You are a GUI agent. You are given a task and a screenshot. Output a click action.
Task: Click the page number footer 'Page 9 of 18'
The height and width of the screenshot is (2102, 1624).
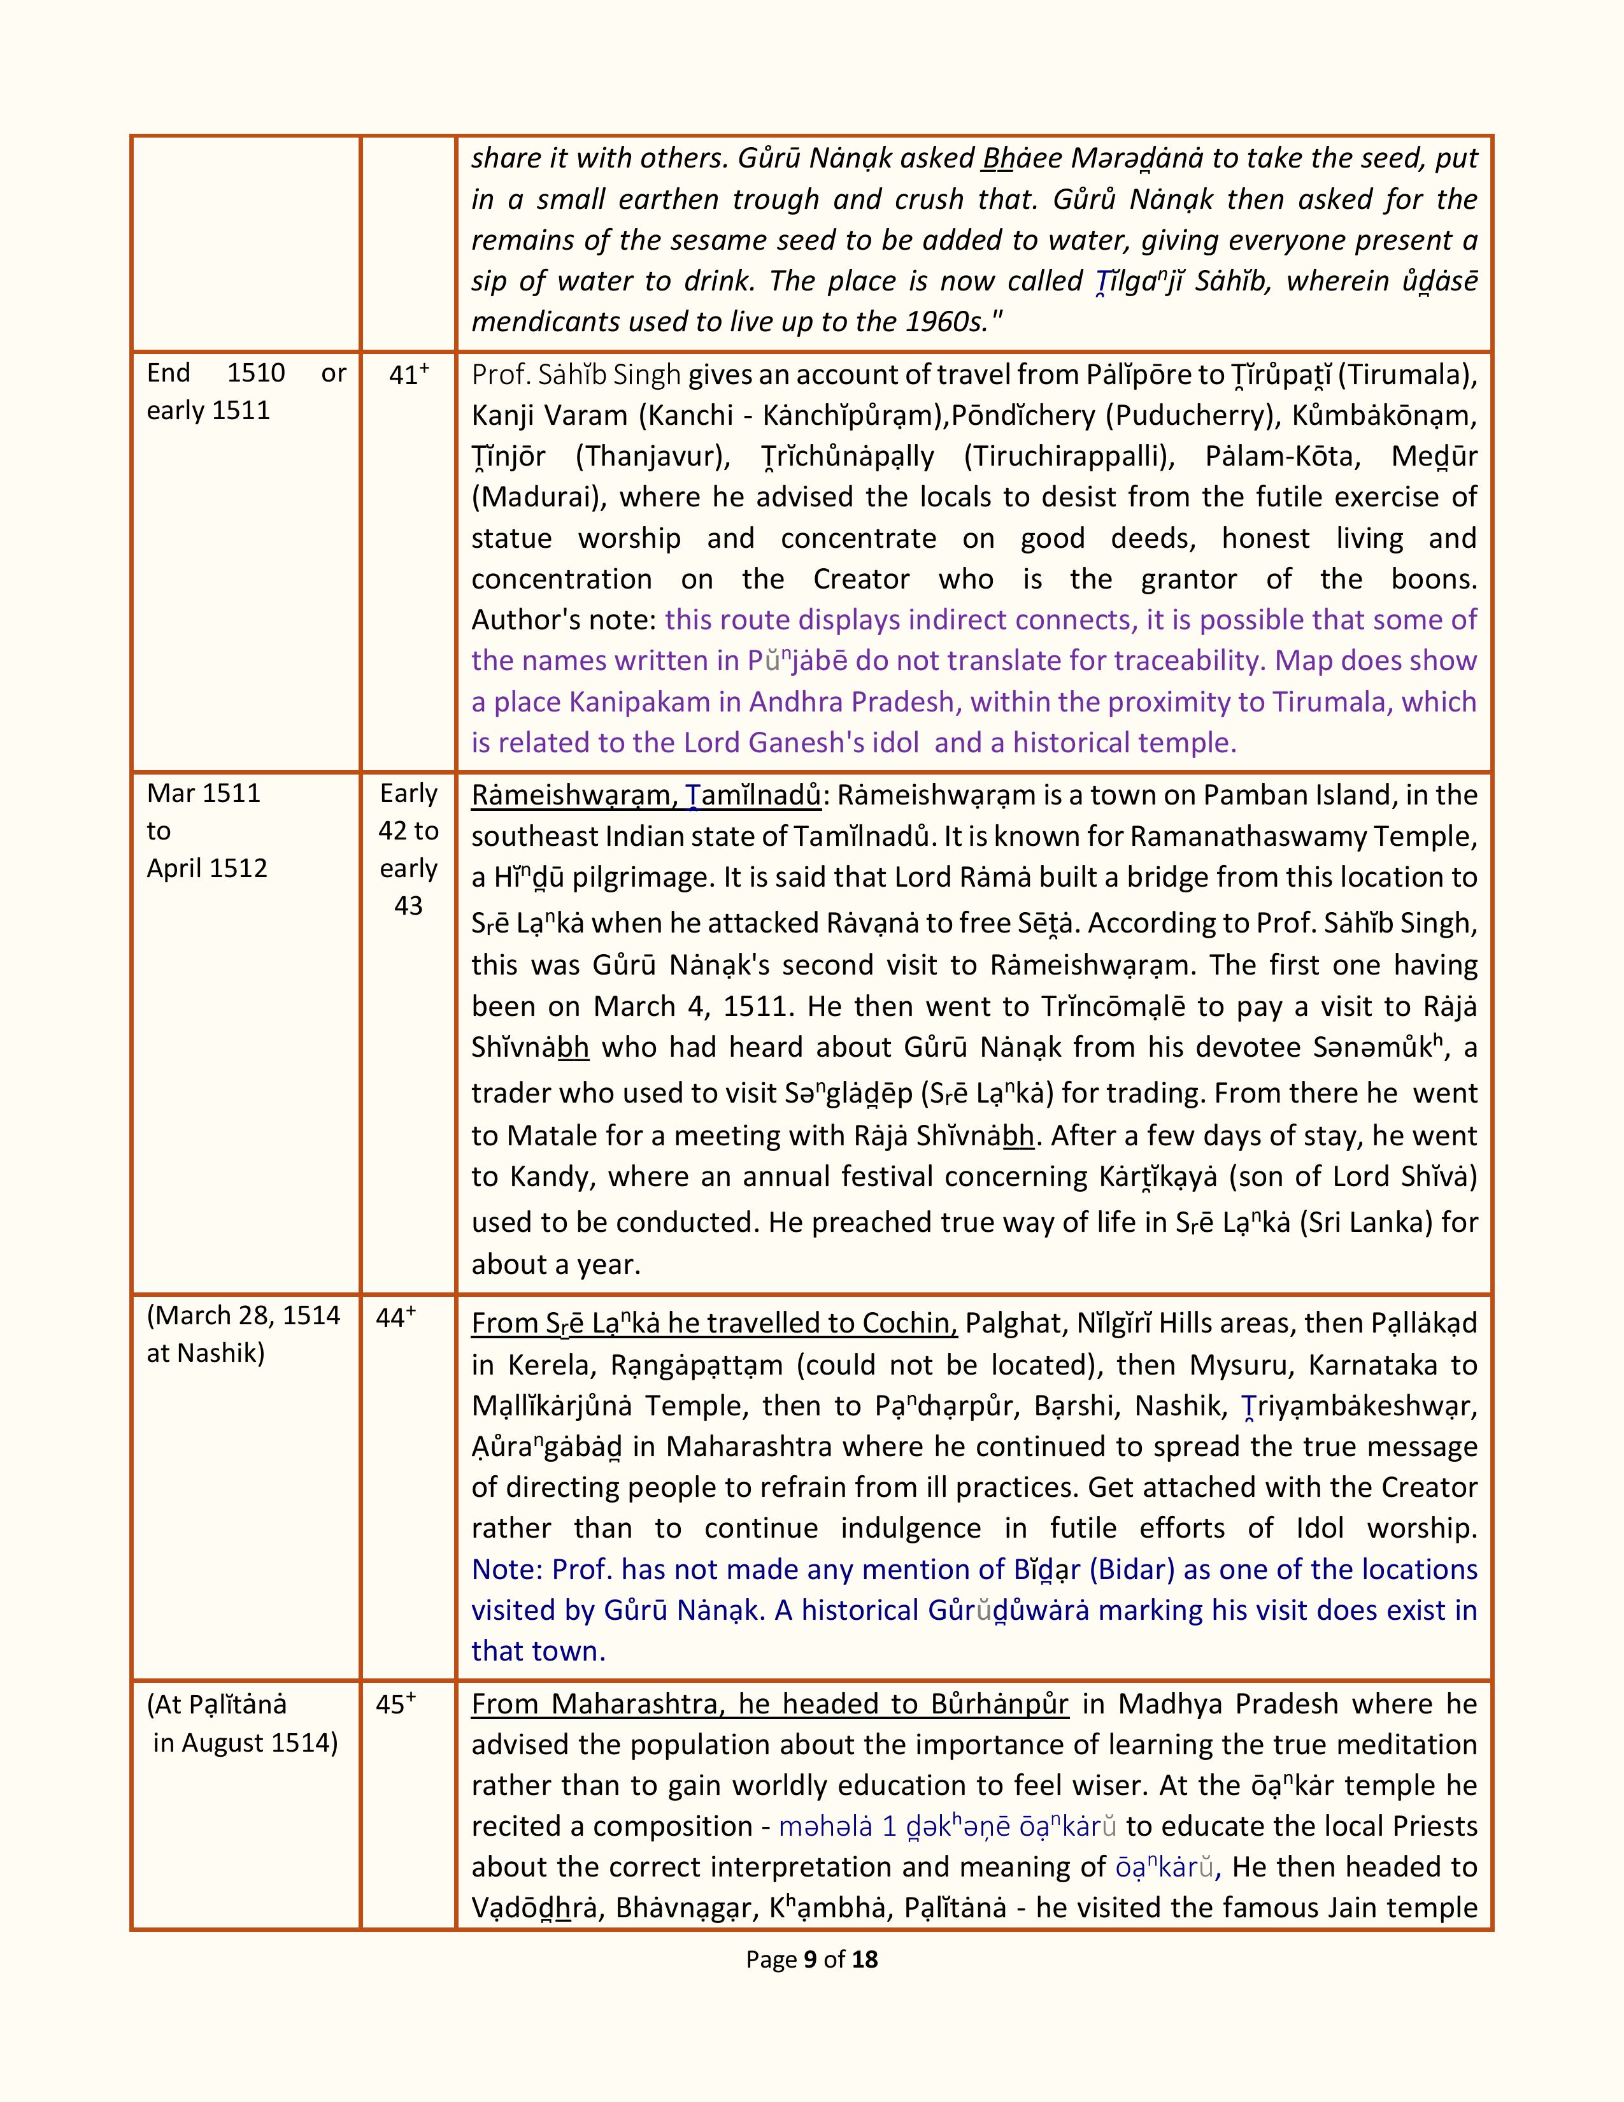pyautogui.click(x=811, y=1959)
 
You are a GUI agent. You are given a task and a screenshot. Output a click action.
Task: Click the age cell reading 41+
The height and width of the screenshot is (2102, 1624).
pyautogui.click(x=408, y=375)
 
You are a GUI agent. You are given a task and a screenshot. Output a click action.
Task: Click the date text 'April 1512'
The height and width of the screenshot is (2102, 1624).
pyautogui.click(x=207, y=868)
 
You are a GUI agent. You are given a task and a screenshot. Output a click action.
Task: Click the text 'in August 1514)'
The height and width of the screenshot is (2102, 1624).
pyautogui.click(x=245, y=1743)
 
